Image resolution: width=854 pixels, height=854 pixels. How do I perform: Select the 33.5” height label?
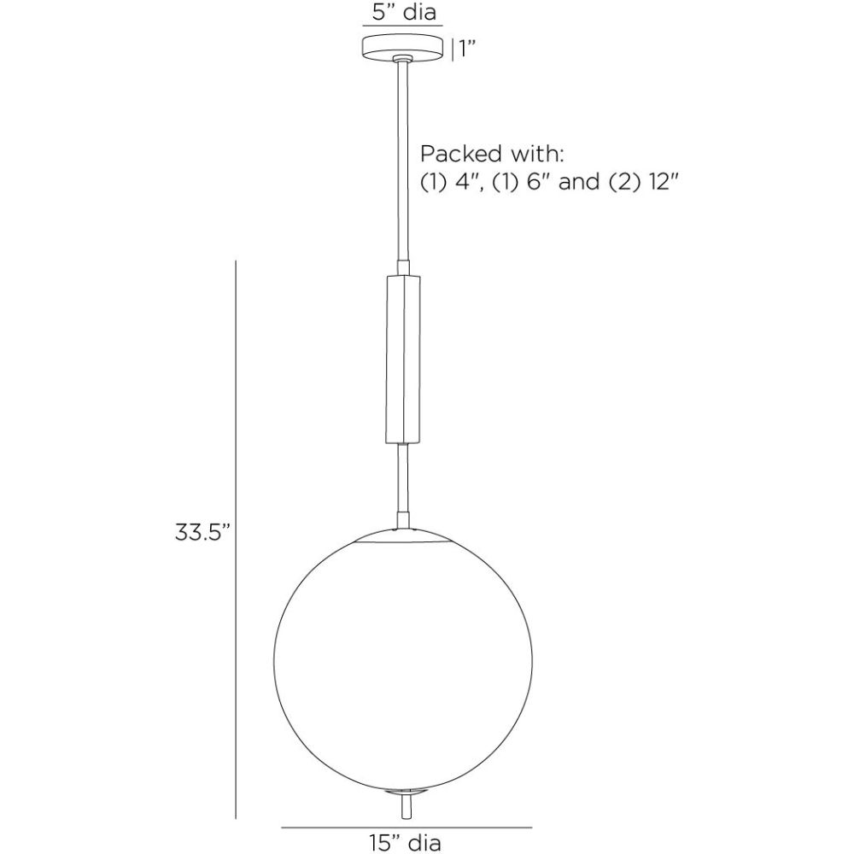click(x=203, y=533)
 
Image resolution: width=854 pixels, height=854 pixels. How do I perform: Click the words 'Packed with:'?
click(x=493, y=155)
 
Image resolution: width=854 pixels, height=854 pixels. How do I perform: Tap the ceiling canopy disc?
click(x=403, y=48)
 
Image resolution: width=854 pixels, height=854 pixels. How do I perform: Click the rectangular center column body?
click(x=402, y=360)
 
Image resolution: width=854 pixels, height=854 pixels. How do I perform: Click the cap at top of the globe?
click(x=402, y=535)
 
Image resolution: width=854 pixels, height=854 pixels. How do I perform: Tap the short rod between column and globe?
click(x=402, y=483)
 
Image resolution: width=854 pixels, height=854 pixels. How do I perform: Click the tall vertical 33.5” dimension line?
click(x=236, y=538)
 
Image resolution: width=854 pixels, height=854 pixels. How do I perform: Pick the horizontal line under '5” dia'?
click(x=402, y=28)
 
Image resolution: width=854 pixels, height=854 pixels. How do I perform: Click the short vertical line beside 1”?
click(x=452, y=49)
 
